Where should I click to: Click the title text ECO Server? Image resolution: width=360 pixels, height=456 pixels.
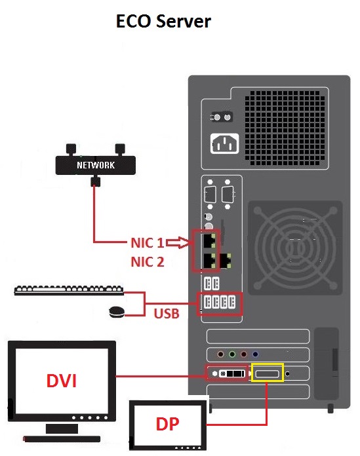coord(163,21)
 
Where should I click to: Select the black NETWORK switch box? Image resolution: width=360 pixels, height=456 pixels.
coord(95,164)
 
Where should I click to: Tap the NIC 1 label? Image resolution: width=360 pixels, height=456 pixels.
coord(146,243)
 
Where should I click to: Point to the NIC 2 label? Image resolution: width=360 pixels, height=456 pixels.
coord(146,262)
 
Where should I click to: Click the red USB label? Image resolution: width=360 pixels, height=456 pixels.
coord(167,313)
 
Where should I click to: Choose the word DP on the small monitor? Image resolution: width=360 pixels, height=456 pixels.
coord(167,424)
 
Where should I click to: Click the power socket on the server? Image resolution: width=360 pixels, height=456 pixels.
coord(222,143)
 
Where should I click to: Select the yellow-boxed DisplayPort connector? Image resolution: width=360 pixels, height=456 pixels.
coord(268,373)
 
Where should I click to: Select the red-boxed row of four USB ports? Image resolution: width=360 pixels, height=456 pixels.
coord(220,303)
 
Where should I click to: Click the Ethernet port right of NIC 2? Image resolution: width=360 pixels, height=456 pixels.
coord(228,260)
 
